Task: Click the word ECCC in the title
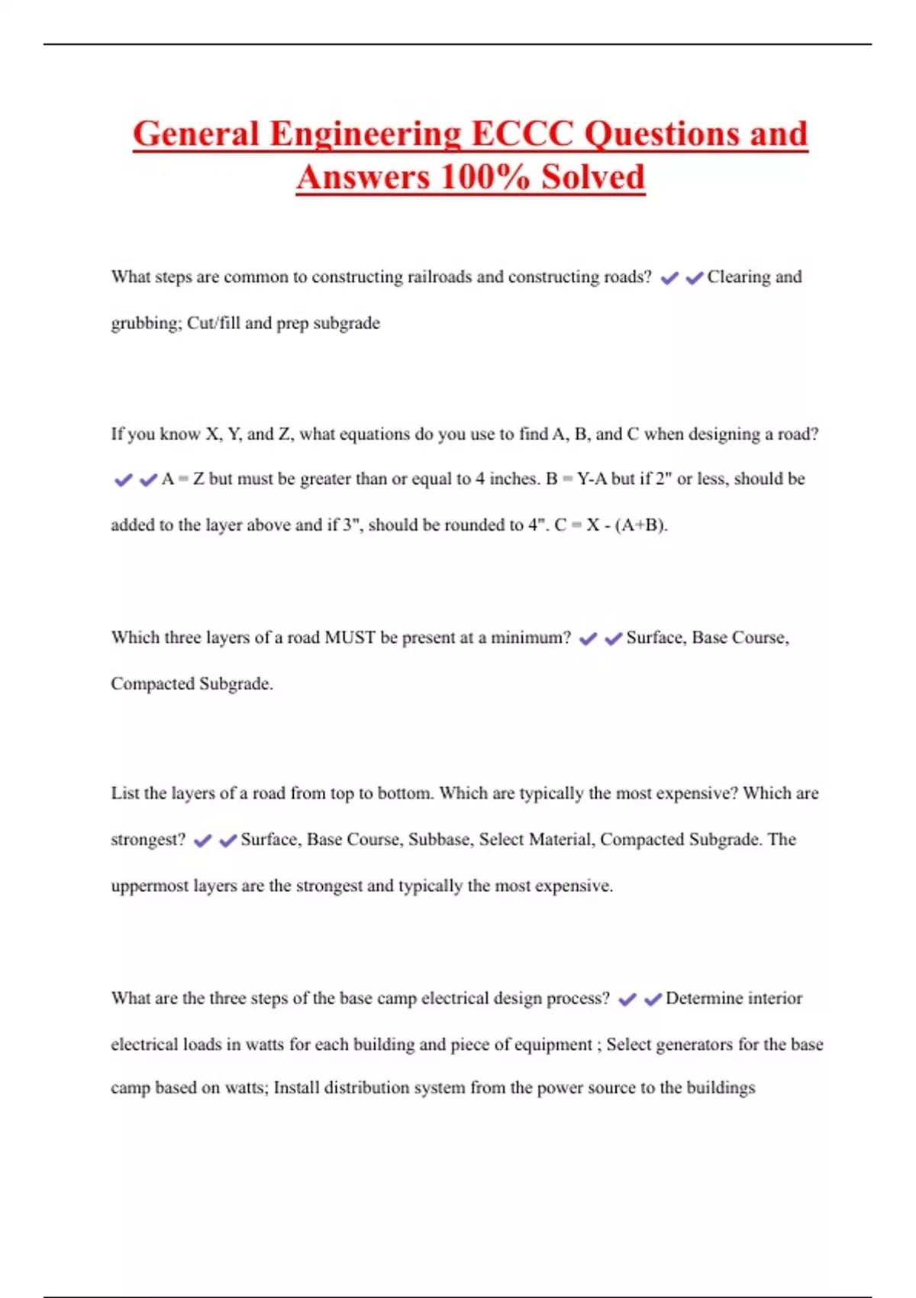pos(522,134)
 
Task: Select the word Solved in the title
pos(593,178)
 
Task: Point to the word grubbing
pos(145,324)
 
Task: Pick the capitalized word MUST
pos(350,638)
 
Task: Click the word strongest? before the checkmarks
pos(148,840)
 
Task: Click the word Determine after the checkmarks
pos(702,999)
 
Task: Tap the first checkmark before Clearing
pos(669,279)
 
